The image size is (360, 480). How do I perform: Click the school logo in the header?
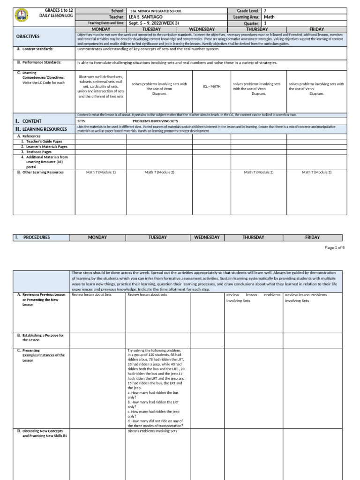22,16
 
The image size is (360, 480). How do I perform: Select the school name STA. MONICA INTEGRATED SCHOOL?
157,10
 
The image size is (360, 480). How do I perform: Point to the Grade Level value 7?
265,10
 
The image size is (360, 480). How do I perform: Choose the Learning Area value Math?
269,17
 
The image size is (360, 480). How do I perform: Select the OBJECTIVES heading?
28,36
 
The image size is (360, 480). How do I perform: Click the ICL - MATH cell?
211,87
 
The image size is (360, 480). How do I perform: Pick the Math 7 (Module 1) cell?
101,172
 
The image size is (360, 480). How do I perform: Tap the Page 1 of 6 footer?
334,247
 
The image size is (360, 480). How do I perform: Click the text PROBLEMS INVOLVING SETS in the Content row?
155,121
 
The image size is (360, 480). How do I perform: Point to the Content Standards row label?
37,49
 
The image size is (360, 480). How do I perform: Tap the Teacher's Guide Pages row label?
41,141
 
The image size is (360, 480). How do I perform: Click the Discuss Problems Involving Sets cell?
152,431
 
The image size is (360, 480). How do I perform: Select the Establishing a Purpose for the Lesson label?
42,337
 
